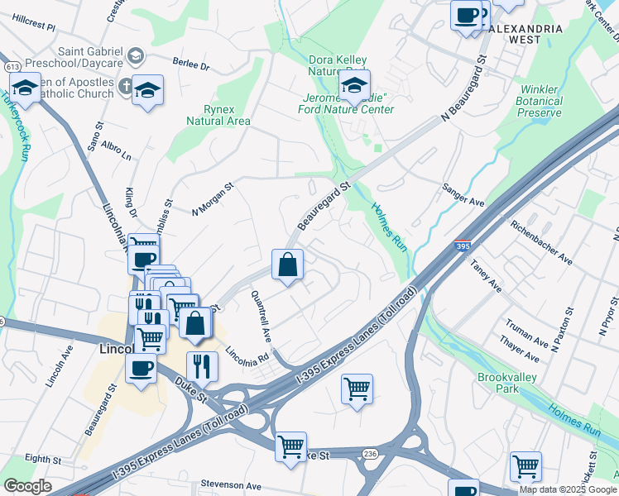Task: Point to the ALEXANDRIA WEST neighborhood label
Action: [525, 34]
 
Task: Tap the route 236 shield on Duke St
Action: [370, 454]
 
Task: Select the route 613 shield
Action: [12, 66]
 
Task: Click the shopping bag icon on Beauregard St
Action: [287, 265]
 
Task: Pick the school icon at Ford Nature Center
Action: [354, 85]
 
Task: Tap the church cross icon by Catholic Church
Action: [124, 85]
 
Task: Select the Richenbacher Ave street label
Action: [541, 242]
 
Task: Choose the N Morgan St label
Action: [213, 198]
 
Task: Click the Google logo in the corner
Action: [27, 486]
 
